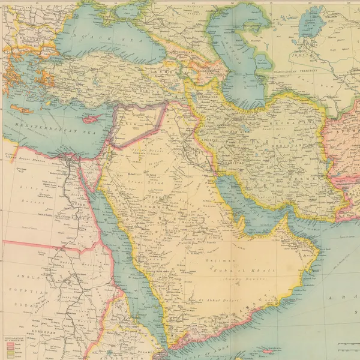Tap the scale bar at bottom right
pyautogui.click(x=348, y=345)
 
